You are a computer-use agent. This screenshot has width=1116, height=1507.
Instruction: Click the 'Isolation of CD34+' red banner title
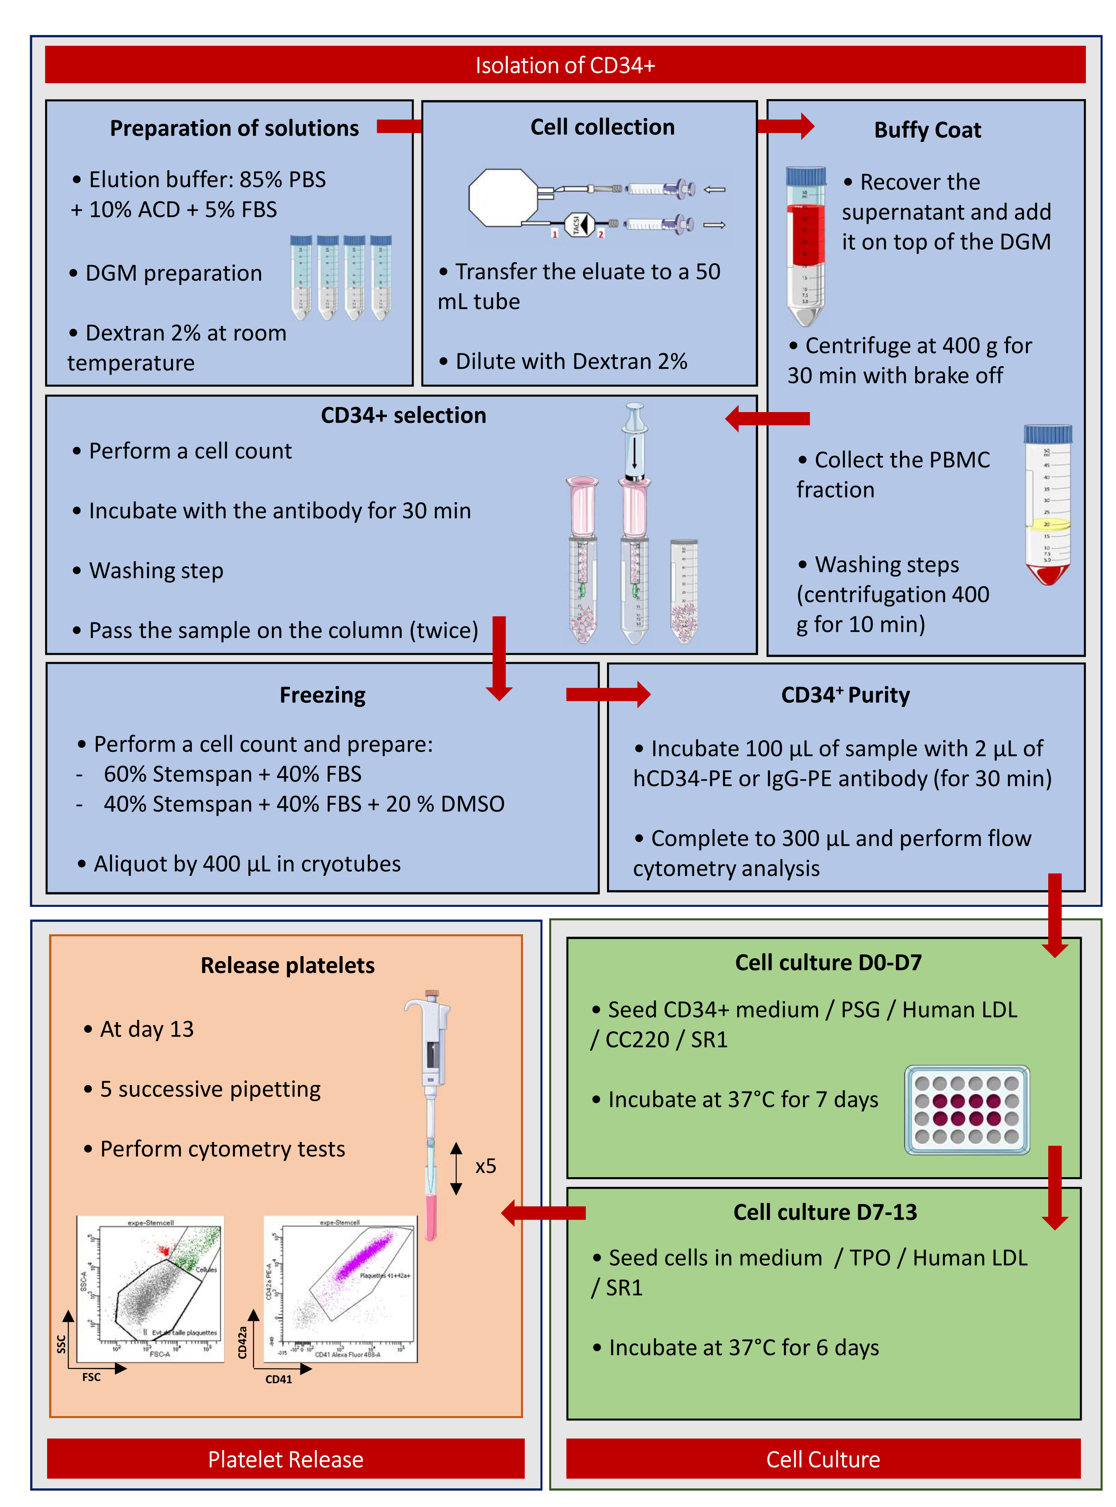point(565,66)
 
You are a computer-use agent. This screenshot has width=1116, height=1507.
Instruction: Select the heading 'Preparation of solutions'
point(234,129)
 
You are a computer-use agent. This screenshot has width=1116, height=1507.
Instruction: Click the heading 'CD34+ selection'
point(403,415)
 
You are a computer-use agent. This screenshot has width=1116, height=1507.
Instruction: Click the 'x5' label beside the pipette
point(485,1166)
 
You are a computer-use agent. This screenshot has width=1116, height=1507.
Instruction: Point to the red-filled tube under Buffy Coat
point(805,247)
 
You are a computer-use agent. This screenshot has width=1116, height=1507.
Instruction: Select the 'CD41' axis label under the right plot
point(278,1378)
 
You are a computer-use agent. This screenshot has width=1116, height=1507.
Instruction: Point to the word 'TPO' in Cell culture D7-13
point(869,1258)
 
